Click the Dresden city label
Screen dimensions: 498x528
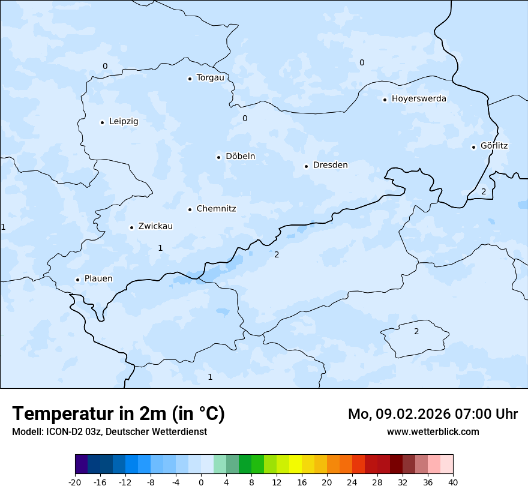[x=330, y=165]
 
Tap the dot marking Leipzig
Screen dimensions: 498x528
[x=102, y=122]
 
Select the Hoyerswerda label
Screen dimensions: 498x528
[x=419, y=99]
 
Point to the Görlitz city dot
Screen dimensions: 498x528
[x=473, y=146]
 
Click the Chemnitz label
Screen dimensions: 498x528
[x=216, y=209]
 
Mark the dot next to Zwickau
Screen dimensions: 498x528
[x=131, y=227]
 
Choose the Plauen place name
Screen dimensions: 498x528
[x=98, y=279]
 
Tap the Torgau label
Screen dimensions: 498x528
[x=210, y=78]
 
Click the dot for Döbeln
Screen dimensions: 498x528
[x=218, y=157]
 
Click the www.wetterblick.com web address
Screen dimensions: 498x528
[x=433, y=431]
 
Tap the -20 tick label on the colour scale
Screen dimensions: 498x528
[x=75, y=482]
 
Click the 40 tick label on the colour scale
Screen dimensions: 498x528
[x=453, y=482]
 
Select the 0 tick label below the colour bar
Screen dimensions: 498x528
[x=201, y=482]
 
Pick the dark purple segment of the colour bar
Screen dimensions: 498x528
[x=82, y=464]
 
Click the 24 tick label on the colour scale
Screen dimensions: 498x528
[x=352, y=482]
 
